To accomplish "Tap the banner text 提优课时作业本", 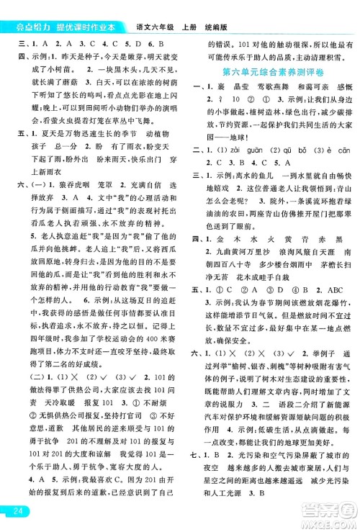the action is pyautogui.click(x=90, y=8).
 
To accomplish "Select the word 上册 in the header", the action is pyautogui.click(x=187, y=9).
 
